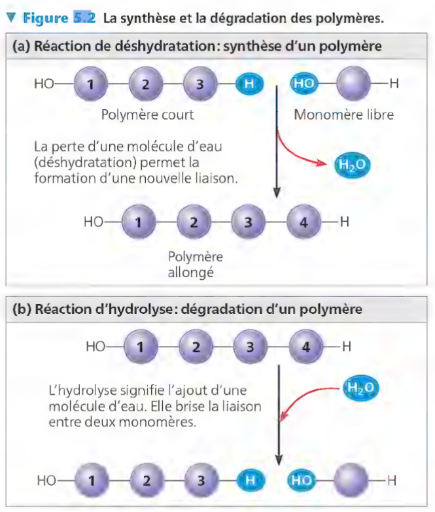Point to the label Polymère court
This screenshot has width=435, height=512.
point(147,116)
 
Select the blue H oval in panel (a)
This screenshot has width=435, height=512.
point(249,84)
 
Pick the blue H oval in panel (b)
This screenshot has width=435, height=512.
point(249,481)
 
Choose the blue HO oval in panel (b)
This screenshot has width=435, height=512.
point(302,481)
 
